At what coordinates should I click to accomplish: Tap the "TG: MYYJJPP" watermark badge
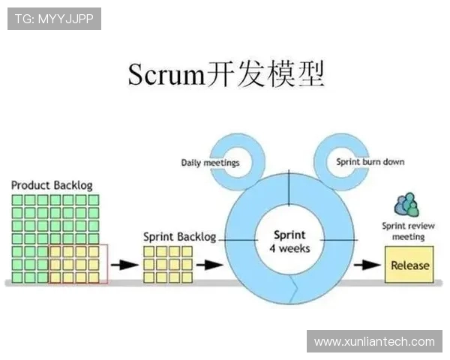(x=54, y=19)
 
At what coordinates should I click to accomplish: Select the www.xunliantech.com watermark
(x=374, y=341)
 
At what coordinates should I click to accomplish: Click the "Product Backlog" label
(x=52, y=184)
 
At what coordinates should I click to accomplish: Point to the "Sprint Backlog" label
(x=179, y=237)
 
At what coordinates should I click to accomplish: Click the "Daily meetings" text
(x=210, y=162)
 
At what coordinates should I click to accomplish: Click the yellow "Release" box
(x=409, y=265)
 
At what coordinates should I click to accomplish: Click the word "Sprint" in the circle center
(x=289, y=234)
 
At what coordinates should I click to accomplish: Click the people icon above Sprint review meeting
(x=406, y=204)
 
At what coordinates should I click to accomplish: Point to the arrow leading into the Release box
(x=368, y=265)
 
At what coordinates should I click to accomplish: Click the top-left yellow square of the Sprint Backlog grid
(x=149, y=250)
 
